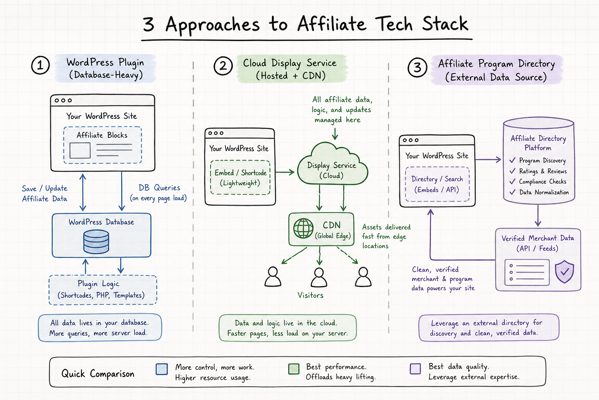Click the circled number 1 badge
(x=41, y=65)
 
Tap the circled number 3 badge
(x=417, y=68)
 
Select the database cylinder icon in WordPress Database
(x=96, y=242)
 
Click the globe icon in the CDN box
(x=303, y=228)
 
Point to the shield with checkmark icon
(x=565, y=271)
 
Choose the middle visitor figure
(x=319, y=277)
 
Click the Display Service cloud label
(x=331, y=170)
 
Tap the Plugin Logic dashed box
(x=103, y=290)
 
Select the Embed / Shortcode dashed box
(x=240, y=177)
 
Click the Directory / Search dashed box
(x=437, y=184)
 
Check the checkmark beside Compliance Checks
(x=512, y=181)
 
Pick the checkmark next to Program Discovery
(x=512, y=160)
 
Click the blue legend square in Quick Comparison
(x=162, y=369)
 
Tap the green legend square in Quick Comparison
(x=294, y=369)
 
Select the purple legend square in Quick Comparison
(x=415, y=369)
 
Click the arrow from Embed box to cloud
(x=285, y=172)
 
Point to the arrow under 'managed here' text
(x=335, y=134)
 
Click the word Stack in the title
(x=445, y=24)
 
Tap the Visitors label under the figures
(x=310, y=295)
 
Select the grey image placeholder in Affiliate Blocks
(x=80, y=150)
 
